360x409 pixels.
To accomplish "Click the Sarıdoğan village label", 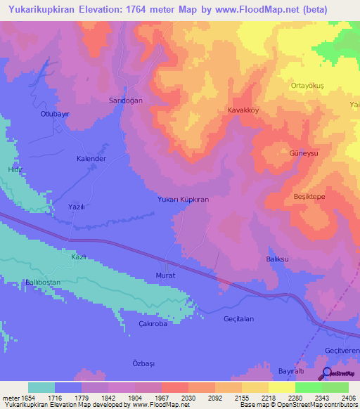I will pyautogui.click(x=125, y=100).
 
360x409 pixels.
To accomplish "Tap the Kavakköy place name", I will pyautogui.click(x=244, y=110).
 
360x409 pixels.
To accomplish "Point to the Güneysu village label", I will pyautogui.click(x=304, y=152).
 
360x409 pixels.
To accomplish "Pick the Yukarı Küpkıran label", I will pyautogui.click(x=183, y=200).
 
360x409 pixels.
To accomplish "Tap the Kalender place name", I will pyautogui.click(x=91, y=159).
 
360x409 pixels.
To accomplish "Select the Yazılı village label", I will pyautogui.click(x=77, y=207).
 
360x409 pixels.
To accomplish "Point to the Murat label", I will pyautogui.click(x=165, y=275).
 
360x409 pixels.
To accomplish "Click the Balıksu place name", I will pyautogui.click(x=278, y=259).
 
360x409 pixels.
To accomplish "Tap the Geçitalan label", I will pyautogui.click(x=238, y=318).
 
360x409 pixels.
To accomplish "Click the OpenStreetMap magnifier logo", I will pyautogui.click(x=326, y=375).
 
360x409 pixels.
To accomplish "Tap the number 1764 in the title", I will pyautogui.click(x=169, y=8).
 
